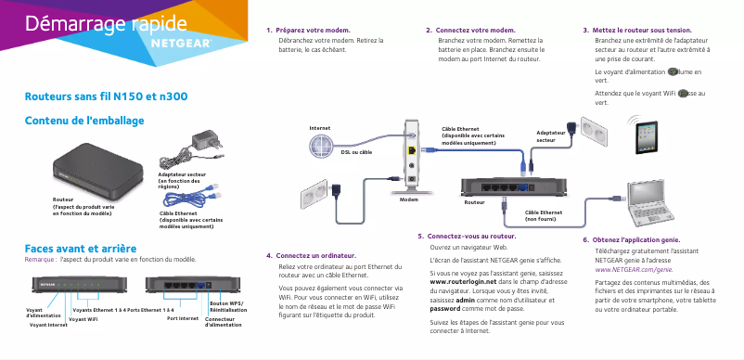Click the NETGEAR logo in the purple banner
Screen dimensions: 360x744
click(x=182, y=42)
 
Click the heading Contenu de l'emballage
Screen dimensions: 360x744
click(x=83, y=121)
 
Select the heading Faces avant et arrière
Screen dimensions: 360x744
click(x=81, y=249)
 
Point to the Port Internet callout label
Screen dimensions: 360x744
click(x=183, y=317)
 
